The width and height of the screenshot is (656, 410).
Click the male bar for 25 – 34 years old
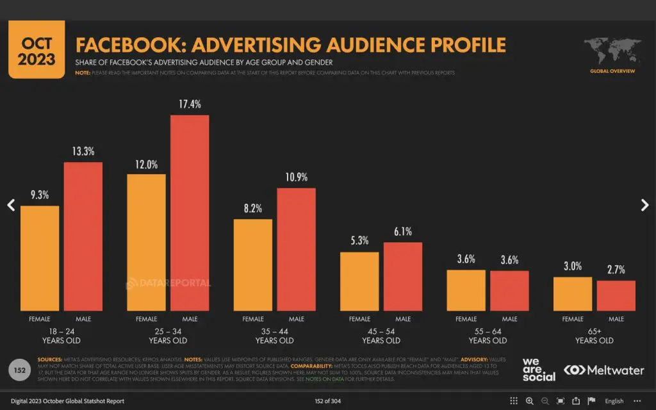(190, 213)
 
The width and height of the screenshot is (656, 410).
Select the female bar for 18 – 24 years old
(40, 258)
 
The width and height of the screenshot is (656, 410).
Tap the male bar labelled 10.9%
(296, 249)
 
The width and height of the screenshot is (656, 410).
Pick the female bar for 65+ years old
(573, 294)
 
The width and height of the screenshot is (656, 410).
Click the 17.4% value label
(190, 103)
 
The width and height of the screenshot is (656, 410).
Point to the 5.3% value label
(359, 241)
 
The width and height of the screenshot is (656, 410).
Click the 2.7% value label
(616, 269)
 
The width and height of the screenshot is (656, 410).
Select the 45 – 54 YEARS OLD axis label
(381, 336)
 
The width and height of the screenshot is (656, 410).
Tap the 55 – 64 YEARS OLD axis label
(488, 336)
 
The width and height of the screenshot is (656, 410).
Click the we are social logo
(539, 370)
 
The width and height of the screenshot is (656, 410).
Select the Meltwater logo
(603, 370)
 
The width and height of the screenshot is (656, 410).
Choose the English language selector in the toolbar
(614, 401)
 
